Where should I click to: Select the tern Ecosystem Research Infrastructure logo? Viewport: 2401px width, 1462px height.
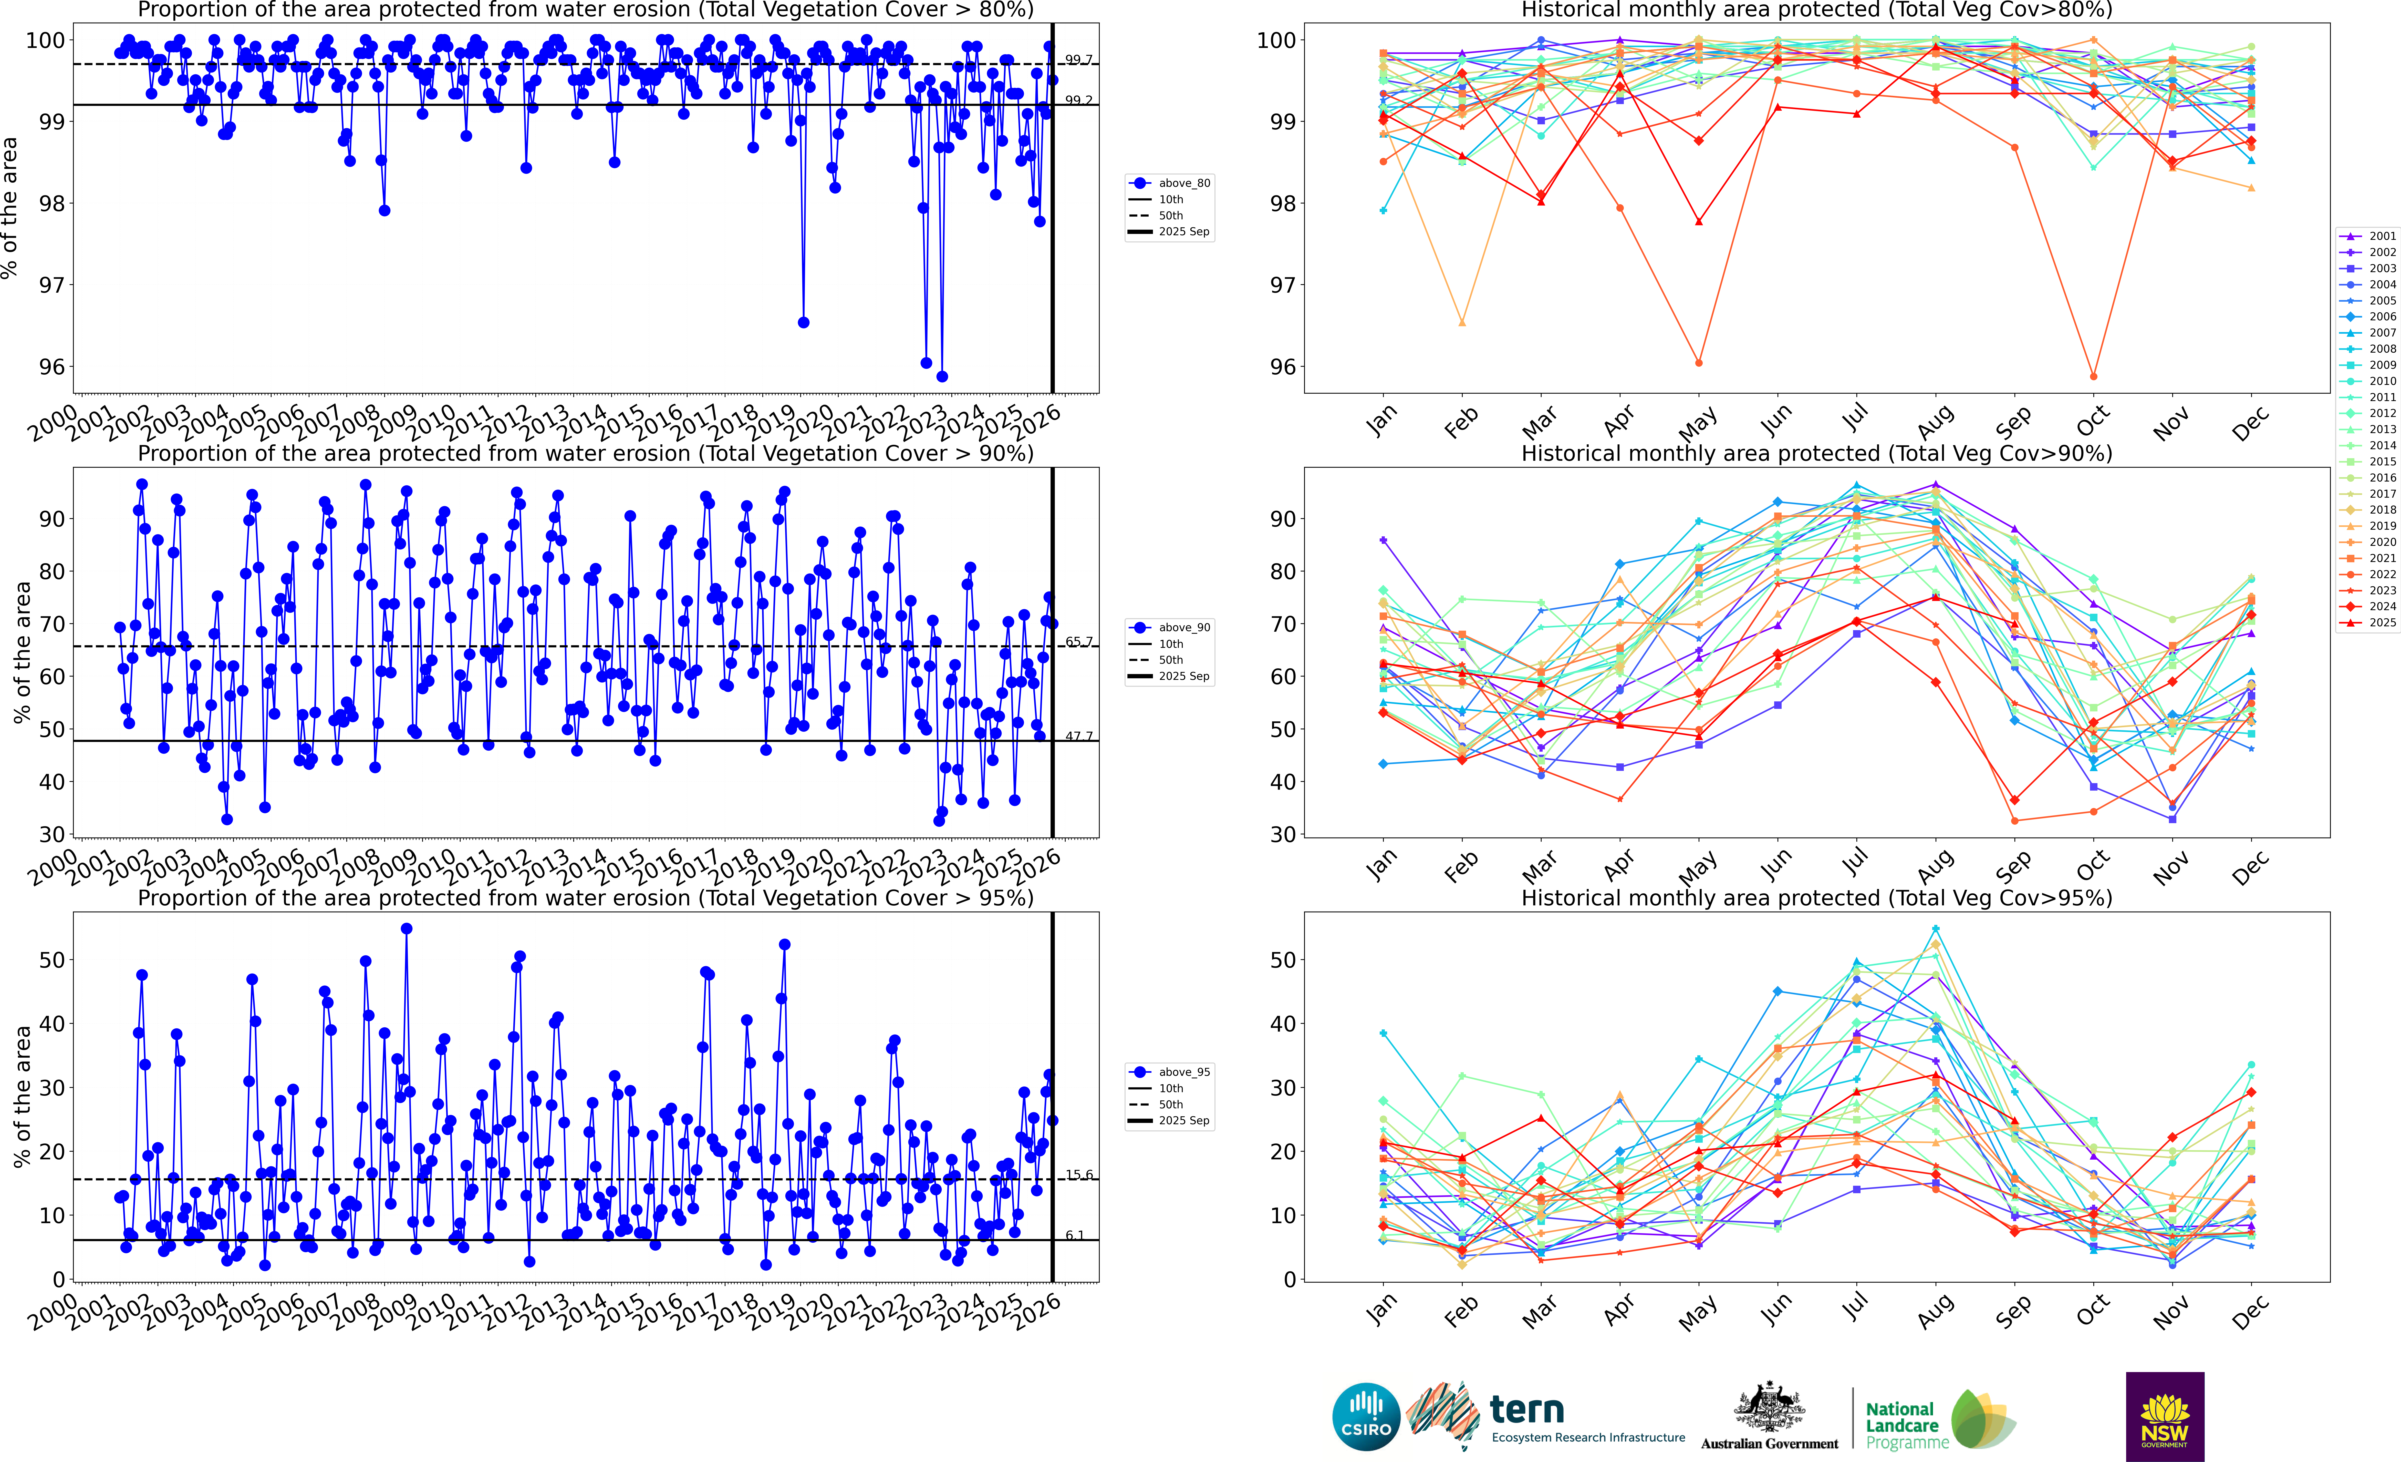[1547, 1416]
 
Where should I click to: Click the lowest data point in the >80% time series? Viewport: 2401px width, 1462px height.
[941, 376]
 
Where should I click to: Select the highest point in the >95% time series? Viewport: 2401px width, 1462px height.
[406, 929]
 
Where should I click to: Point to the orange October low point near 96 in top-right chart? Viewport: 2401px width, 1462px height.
[2093, 376]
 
